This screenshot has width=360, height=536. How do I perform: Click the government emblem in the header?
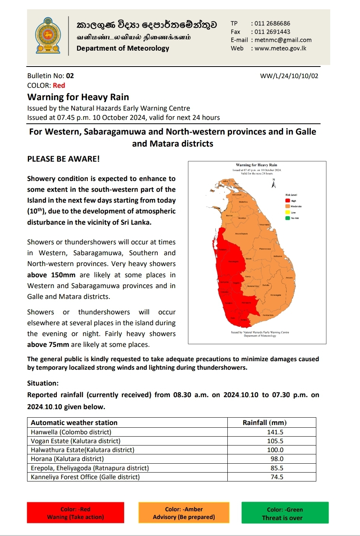[48, 36]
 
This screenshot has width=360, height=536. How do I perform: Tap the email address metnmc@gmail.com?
[283, 40]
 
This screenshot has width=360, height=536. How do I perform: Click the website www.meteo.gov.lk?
[280, 48]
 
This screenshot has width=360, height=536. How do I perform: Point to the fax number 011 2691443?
[272, 32]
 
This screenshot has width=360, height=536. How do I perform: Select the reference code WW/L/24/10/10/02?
[289, 76]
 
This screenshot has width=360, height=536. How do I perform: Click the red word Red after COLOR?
[59, 85]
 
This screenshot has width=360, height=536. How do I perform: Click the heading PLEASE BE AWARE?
[63, 159]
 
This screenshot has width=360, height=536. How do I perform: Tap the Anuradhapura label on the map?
[241, 234]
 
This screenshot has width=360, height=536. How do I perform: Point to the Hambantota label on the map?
[268, 315]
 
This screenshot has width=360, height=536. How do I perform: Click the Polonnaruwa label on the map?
[265, 249]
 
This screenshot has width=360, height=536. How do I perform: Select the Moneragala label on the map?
[276, 295]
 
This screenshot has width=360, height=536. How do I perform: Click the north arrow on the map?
[274, 183]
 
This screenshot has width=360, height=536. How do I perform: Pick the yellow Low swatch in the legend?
[288, 212]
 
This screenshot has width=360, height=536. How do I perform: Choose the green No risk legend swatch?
[288, 218]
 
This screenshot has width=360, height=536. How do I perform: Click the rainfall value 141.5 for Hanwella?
[275, 432]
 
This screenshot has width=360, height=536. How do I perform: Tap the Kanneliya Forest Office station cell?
[85, 477]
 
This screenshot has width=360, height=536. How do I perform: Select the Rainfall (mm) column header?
[264, 423]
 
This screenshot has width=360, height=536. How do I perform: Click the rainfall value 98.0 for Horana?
[277, 459]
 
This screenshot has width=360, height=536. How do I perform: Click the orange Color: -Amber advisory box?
[184, 513]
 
